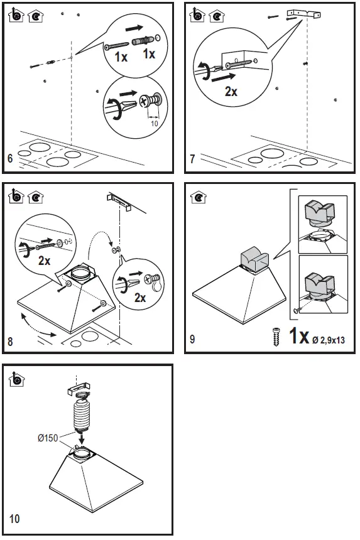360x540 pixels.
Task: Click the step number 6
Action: [x=9, y=159]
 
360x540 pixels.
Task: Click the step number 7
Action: [x=192, y=159]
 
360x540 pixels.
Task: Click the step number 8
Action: [x=10, y=342]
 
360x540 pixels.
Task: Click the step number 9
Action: [x=192, y=340]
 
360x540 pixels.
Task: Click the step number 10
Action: [x=14, y=519]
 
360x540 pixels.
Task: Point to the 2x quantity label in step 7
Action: [x=231, y=92]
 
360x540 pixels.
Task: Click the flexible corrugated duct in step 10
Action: [x=82, y=414]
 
